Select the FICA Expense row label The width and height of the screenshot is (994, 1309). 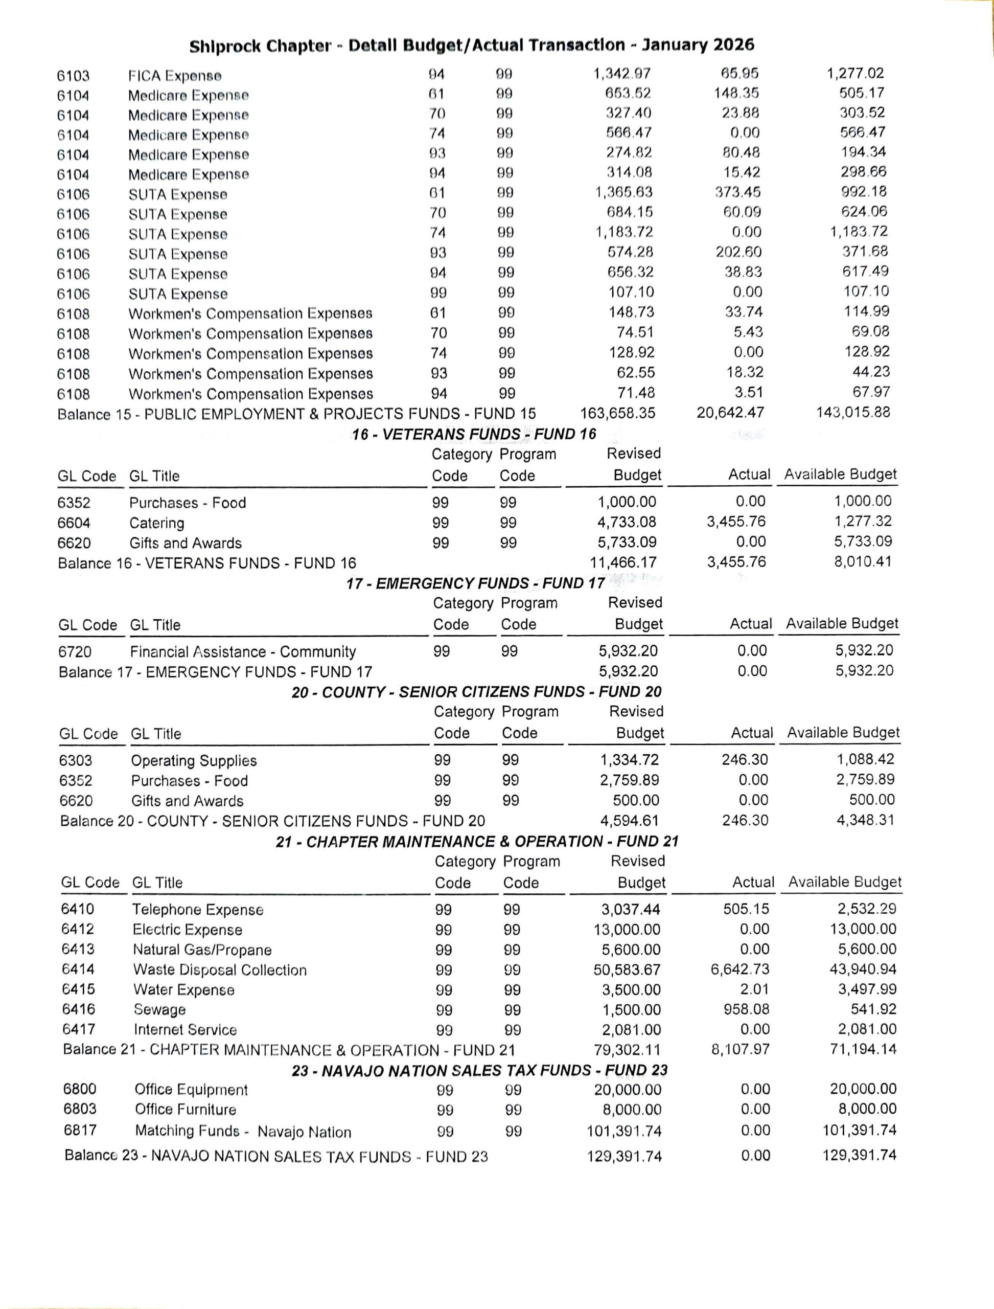click(x=175, y=76)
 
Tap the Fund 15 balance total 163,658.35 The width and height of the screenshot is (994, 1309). click(x=617, y=413)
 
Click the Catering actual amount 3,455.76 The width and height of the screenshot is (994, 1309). click(x=735, y=522)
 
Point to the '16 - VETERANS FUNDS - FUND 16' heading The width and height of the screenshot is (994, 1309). click(x=474, y=435)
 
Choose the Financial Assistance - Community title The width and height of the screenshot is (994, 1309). click(x=243, y=652)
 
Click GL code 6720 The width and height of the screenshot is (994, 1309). click(x=75, y=652)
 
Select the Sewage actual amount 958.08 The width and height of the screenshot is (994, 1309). click(x=746, y=1009)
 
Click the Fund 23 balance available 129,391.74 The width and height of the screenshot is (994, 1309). click(x=859, y=1155)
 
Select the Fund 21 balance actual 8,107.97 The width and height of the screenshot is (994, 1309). click(x=740, y=1050)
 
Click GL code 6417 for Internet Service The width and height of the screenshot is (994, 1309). click(x=79, y=1029)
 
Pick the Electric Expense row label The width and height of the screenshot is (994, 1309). click(x=187, y=930)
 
